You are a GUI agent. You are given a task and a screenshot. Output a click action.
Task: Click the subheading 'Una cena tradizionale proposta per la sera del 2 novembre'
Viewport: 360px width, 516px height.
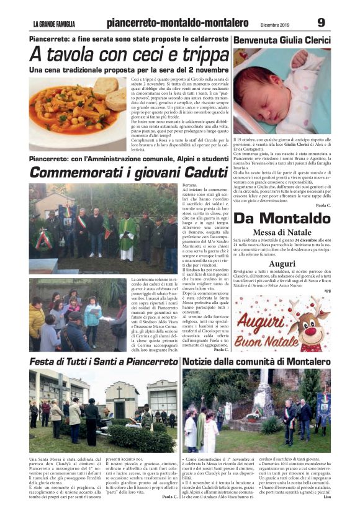point(129,70)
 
